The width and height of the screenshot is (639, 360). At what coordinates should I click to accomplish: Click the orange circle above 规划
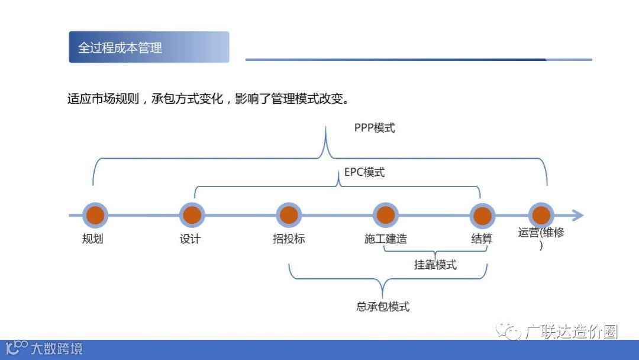94,216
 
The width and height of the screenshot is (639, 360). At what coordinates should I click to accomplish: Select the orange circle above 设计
191,216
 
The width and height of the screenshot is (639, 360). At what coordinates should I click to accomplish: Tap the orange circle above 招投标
288,216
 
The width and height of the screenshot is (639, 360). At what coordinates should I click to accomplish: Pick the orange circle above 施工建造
385,216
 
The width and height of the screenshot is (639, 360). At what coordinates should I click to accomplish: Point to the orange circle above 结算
482,216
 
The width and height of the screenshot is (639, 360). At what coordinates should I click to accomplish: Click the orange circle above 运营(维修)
540,216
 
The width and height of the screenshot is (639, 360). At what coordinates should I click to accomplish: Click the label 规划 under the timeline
93,239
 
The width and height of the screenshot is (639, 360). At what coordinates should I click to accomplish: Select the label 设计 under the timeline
191,239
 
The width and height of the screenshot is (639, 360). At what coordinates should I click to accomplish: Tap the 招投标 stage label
289,239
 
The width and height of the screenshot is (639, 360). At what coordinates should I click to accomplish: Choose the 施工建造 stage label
386,239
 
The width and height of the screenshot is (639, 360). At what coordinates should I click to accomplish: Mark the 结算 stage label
482,239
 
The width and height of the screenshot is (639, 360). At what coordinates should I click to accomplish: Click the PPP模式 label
375,128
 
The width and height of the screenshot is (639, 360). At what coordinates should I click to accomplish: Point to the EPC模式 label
364,172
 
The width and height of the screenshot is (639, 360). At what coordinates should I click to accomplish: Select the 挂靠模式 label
435,265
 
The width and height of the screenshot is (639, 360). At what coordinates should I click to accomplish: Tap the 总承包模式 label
383,307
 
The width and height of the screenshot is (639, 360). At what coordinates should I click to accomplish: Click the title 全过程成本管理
120,48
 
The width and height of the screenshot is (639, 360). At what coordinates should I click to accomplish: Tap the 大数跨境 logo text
57,348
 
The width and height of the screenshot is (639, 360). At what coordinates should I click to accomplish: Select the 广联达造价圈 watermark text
571,333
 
